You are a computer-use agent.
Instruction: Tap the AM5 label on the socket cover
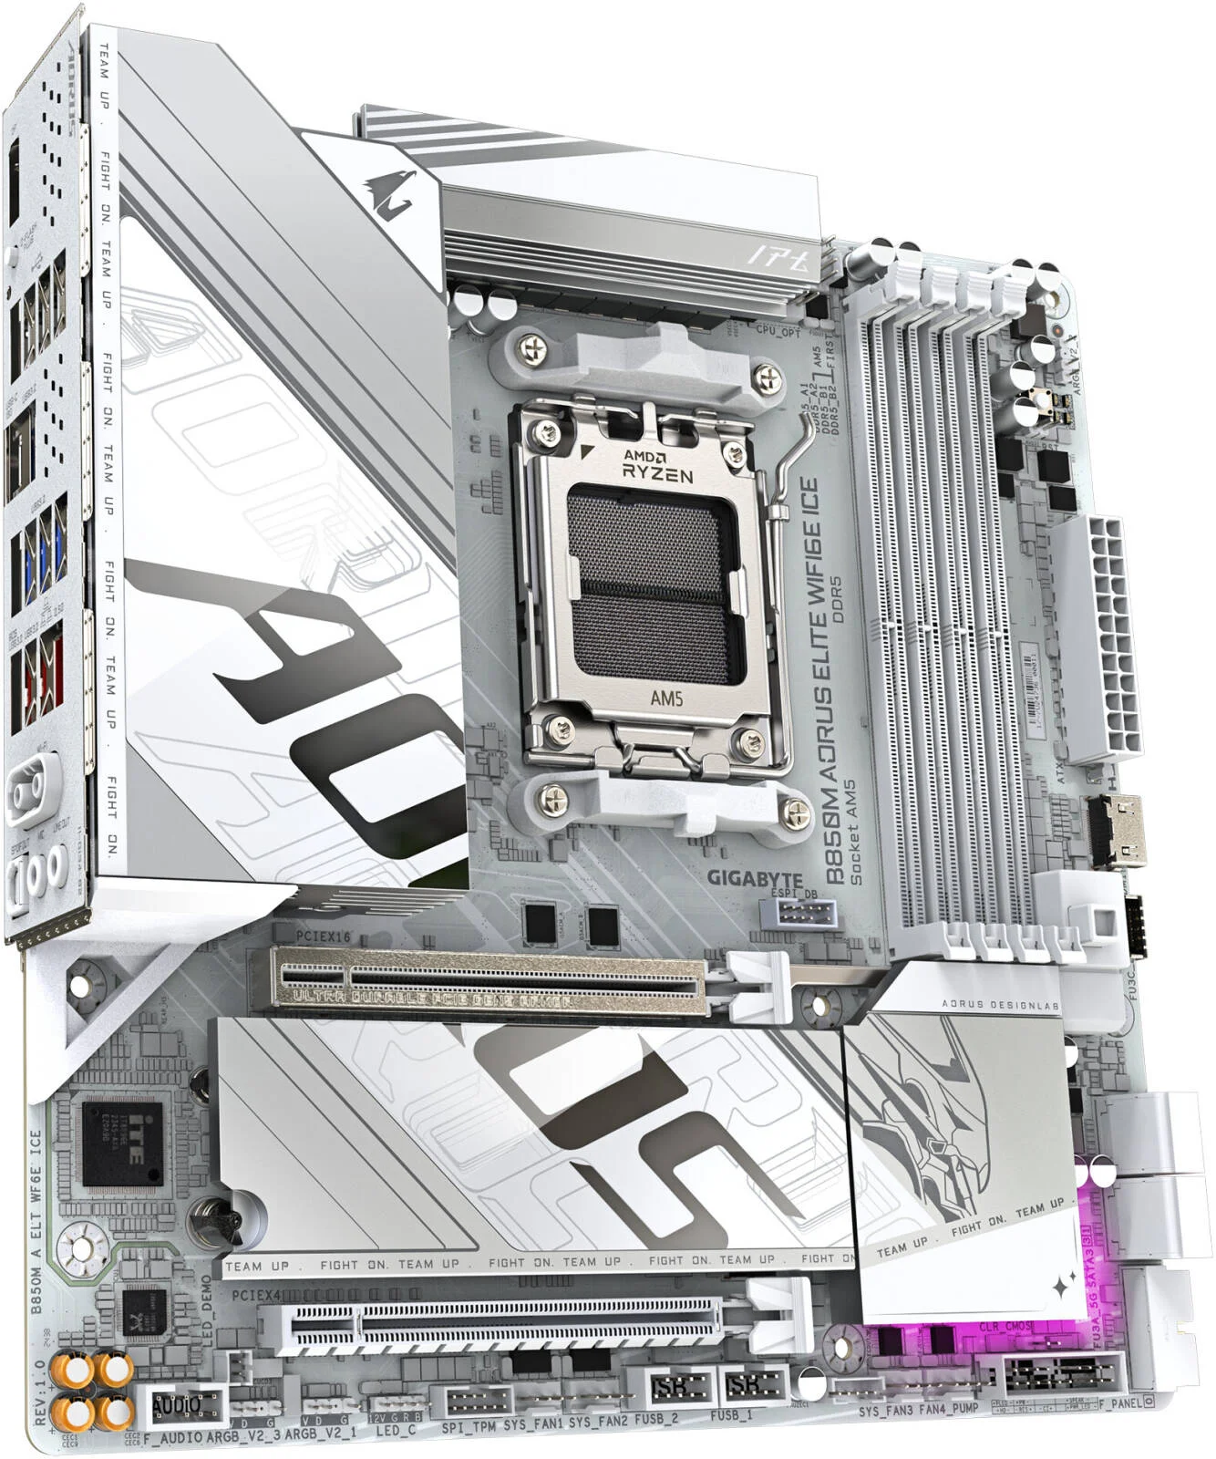(657, 699)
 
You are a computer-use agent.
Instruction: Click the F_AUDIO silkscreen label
(174, 1437)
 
